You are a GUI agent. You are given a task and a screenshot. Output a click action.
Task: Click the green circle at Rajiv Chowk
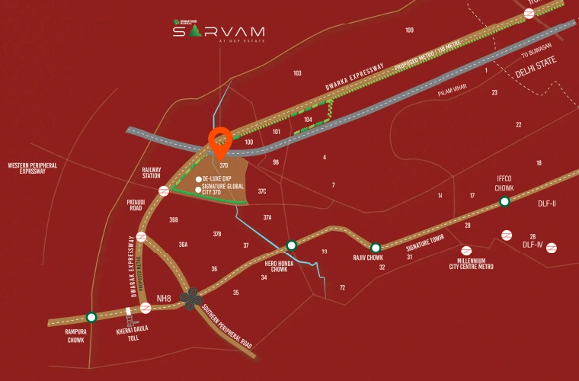coord(376,248)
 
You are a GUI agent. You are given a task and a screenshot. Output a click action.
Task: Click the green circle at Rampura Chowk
coord(91,317)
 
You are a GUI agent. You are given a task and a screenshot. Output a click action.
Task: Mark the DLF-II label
coord(548,203)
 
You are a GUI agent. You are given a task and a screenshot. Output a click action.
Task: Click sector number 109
coord(410,30)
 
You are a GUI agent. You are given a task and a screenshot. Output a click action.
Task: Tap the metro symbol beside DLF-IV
coord(552,247)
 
